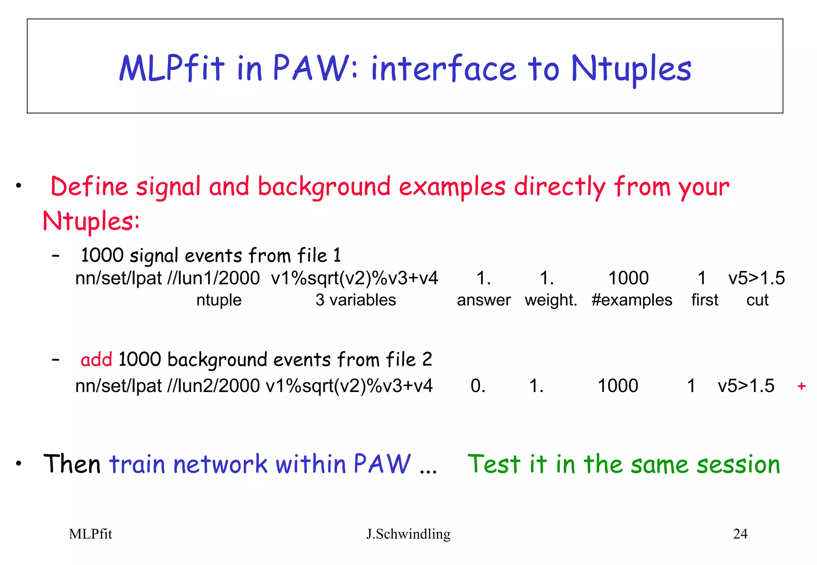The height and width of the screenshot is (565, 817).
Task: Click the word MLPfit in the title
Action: coord(172,69)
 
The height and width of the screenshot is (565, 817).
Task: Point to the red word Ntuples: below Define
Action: coord(91,222)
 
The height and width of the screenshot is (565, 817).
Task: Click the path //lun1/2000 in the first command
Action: coord(213,278)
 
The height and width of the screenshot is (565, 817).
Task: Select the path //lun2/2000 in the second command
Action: coord(213,386)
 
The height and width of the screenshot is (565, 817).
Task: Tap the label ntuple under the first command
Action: coord(219,300)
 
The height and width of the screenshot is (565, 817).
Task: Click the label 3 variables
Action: coord(355,300)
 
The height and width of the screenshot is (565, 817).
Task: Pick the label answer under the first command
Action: coord(483,300)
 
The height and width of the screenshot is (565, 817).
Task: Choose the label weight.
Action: coord(551,300)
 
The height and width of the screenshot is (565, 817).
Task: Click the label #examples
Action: coord(632,300)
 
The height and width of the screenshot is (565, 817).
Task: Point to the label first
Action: coord(705,300)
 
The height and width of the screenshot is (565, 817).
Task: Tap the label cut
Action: coord(757,300)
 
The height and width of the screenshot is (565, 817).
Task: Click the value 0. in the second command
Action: coord(478,386)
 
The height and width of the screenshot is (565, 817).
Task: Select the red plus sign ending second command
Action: coord(801,386)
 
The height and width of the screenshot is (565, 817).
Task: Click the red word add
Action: coord(96,360)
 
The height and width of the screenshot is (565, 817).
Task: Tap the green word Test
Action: coord(494,464)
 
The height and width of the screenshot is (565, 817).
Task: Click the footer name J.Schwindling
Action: coord(408,534)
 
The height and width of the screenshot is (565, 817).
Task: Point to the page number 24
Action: coord(740,534)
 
